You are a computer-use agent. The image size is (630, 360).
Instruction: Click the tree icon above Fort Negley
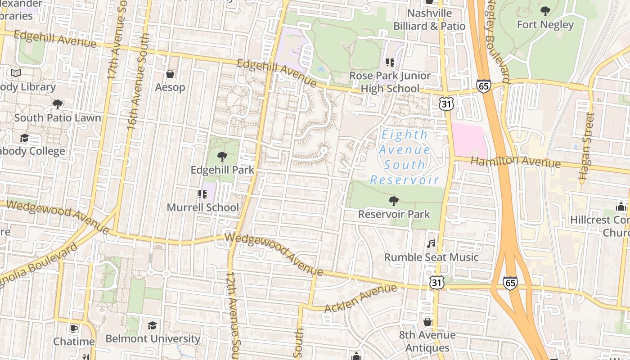tap(545, 11)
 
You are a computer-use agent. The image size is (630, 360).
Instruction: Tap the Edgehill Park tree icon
tap(222, 157)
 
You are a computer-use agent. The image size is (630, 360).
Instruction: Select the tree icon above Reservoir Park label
tap(394, 201)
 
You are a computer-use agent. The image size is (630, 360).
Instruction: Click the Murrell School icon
tap(202, 194)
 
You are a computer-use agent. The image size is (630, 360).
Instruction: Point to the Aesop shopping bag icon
tap(170, 73)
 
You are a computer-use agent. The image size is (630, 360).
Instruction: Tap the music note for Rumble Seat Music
tap(431, 244)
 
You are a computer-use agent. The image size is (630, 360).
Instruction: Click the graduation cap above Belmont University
tap(153, 325)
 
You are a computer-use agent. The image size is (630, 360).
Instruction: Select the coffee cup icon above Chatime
tap(74, 328)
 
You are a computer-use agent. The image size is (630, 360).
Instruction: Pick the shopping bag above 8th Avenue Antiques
tap(427, 322)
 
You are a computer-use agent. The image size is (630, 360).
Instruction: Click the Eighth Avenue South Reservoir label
tap(404, 157)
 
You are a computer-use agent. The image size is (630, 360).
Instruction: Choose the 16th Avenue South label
tap(138, 81)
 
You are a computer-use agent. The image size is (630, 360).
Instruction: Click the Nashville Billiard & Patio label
tap(429, 20)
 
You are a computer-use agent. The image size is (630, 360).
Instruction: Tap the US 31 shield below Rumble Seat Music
tap(437, 283)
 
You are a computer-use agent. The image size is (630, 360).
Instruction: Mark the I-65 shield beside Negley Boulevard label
tap(484, 86)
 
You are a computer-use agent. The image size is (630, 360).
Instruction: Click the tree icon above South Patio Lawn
tap(57, 104)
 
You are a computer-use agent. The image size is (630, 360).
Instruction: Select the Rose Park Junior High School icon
tap(390, 63)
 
